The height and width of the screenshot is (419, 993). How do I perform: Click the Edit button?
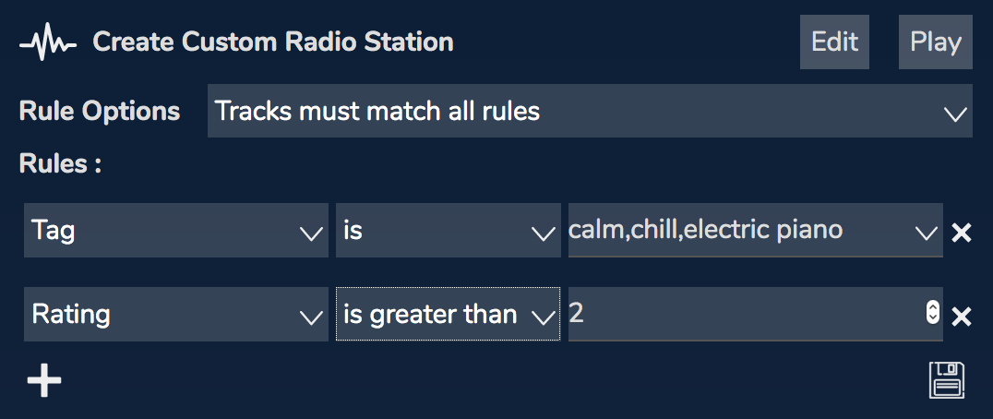pos(834,42)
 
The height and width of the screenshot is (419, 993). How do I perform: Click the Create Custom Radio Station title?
pos(273,42)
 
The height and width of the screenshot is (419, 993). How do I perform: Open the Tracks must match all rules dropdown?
pos(590,111)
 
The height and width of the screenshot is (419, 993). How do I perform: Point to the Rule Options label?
pos(100,112)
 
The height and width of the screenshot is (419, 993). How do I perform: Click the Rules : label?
pos(61,164)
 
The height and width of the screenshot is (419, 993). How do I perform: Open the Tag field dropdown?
pos(176,231)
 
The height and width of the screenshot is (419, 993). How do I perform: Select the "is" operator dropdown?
pos(448,231)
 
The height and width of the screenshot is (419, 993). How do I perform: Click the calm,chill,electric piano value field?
pos(755,231)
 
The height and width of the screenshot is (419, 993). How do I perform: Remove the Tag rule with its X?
pos(962,233)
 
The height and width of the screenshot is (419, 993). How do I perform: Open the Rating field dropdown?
pos(176,314)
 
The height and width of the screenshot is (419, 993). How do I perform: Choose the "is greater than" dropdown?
pos(448,314)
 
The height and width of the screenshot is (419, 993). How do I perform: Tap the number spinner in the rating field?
pos(932,312)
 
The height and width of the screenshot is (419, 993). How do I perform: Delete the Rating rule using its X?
pos(962,316)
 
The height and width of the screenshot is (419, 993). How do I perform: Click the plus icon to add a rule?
pos(44,380)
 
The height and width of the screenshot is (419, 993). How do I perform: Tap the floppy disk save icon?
pos(947,380)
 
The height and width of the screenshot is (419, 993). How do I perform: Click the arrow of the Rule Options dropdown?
pos(955,114)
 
